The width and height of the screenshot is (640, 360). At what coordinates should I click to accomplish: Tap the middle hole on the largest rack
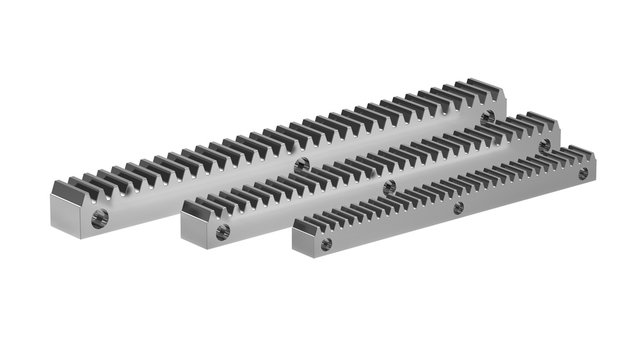[302, 162]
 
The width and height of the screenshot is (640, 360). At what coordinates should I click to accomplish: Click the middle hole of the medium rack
[389, 186]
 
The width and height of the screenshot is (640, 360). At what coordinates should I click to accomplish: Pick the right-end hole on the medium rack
[544, 144]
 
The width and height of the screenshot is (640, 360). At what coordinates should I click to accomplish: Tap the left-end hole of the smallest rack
[326, 242]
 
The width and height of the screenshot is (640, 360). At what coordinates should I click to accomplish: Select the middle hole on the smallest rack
[458, 208]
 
